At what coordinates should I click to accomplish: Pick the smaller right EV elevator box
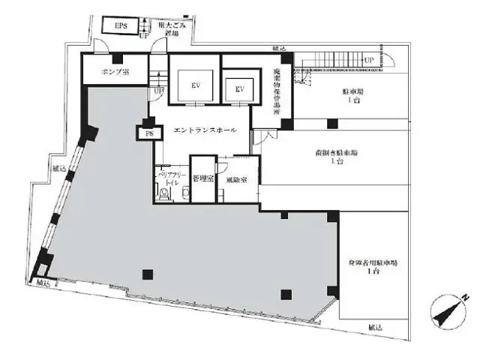pos(240,89)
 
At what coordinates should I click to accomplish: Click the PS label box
pos(148,133)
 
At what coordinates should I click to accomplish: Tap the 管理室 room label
pos(202,180)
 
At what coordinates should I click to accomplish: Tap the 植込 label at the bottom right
pos(376,328)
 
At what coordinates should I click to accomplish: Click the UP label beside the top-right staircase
pos(368,60)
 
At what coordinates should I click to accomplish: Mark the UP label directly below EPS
pos(143,35)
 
